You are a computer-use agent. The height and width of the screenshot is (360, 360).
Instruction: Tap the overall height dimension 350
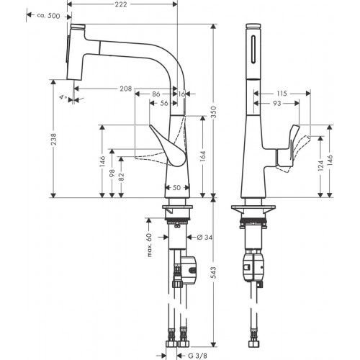(223, 110)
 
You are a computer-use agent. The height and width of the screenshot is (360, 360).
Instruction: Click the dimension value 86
(156, 94)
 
